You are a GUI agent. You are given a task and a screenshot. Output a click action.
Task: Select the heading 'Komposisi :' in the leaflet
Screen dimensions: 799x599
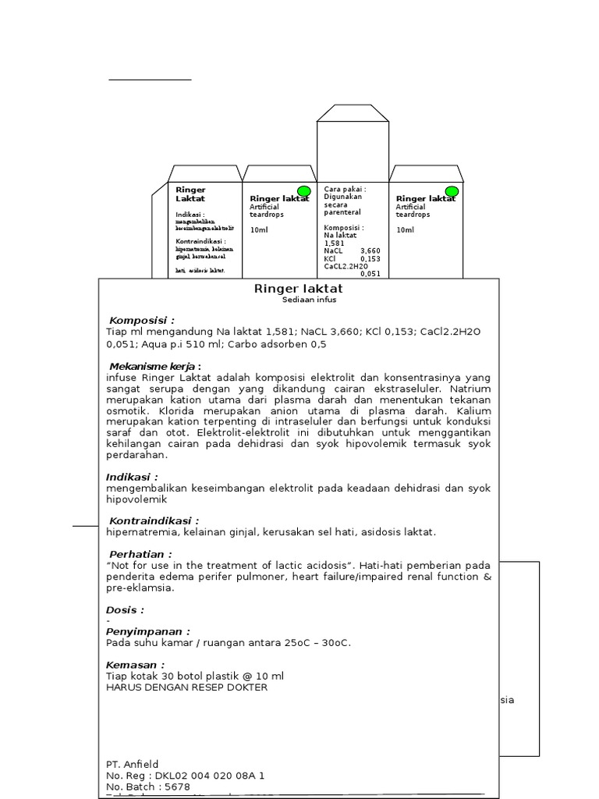pyautogui.click(x=142, y=321)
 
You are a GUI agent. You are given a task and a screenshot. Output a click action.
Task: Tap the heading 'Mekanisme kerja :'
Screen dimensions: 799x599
pyautogui.click(x=154, y=366)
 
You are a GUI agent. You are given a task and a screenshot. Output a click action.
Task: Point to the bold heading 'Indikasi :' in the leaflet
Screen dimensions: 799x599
pyautogui.click(x=132, y=477)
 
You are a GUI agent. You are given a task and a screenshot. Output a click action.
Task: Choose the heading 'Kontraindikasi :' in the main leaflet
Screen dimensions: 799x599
pyautogui.click(x=154, y=520)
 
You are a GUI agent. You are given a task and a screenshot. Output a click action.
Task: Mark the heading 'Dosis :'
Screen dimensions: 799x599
pyautogui.click(x=125, y=609)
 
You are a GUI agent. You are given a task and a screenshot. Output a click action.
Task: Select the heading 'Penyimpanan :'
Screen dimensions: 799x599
pyautogui.click(x=148, y=631)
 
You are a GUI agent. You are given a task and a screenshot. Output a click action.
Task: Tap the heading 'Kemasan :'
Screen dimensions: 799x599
pyautogui.click(x=136, y=665)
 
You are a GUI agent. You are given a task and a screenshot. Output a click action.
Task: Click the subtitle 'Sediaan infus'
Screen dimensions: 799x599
pyautogui.click(x=309, y=300)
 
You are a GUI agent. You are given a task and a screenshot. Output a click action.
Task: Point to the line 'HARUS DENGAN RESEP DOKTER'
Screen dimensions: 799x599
pyautogui.click(x=186, y=687)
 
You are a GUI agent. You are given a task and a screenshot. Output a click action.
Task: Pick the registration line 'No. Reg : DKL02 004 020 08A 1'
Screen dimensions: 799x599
pyautogui.click(x=186, y=776)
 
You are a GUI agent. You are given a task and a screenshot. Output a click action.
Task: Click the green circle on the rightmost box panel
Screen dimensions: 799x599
pyautogui.click(x=451, y=191)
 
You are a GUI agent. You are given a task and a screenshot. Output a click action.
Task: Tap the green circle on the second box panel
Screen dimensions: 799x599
pyautogui.click(x=304, y=191)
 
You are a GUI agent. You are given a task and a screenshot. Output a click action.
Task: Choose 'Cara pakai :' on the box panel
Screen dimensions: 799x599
pyautogui.click(x=345, y=189)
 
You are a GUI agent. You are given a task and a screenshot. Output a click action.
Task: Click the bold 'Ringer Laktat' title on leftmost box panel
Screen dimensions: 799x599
pyautogui.click(x=190, y=194)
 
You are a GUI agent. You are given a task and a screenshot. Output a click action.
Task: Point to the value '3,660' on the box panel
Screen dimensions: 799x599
pyautogui.click(x=370, y=250)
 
